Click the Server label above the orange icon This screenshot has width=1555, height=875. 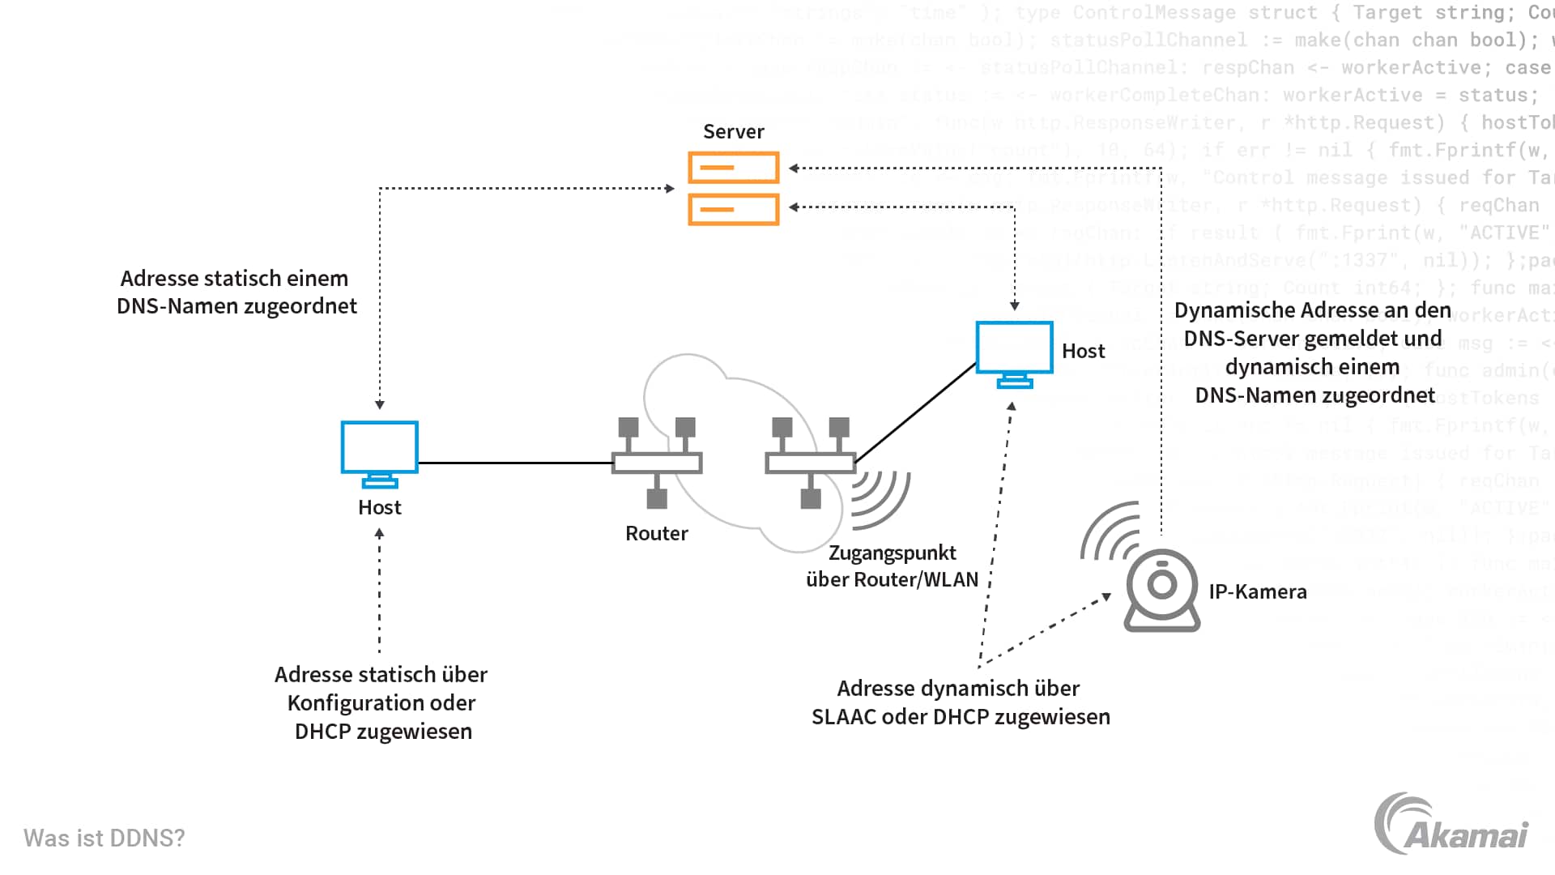[733, 131]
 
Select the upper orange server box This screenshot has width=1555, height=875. [733, 168]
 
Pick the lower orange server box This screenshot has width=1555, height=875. [733, 209]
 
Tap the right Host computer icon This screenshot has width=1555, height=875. [1014, 353]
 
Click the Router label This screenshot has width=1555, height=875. [656, 533]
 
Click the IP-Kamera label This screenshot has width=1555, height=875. [1257, 591]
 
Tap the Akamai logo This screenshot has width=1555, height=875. [1451, 825]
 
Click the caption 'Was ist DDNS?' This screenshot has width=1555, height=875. [104, 838]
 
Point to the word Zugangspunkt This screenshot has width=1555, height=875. [892, 553]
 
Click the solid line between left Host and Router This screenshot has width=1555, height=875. [515, 463]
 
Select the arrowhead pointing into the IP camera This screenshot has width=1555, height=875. [1106, 597]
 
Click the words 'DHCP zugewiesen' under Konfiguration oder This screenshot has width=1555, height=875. [383, 732]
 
